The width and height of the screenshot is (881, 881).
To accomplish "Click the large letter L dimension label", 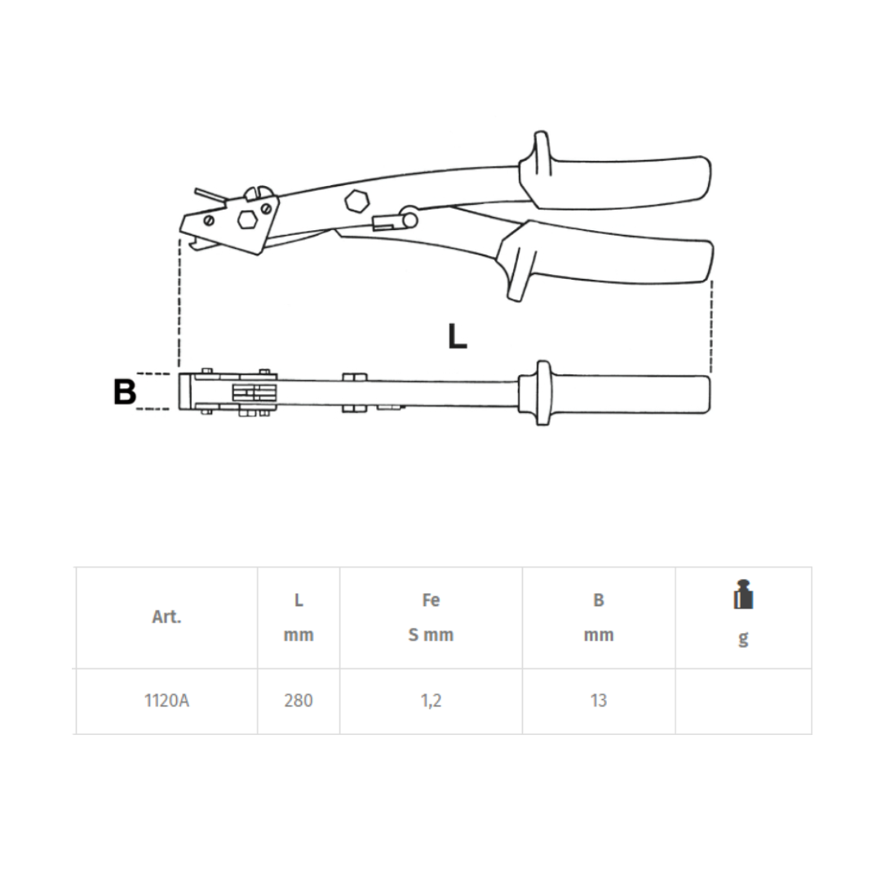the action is coord(457,337).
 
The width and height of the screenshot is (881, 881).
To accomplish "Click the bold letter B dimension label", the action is coord(125,392).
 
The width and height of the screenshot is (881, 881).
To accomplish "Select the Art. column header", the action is coord(166,617).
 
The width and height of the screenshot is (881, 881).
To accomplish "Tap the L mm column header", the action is coord(299,618).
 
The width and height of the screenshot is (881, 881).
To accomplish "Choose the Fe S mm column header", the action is coord(431,618).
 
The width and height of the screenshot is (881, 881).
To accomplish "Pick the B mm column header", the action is coord(599,618).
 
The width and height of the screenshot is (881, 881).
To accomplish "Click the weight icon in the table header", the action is coord(743,595).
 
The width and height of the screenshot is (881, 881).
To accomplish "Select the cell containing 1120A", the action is coord(166,701).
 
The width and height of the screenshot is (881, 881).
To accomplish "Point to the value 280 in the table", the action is coord(299,701).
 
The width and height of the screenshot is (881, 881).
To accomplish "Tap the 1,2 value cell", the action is coord(431,701).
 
